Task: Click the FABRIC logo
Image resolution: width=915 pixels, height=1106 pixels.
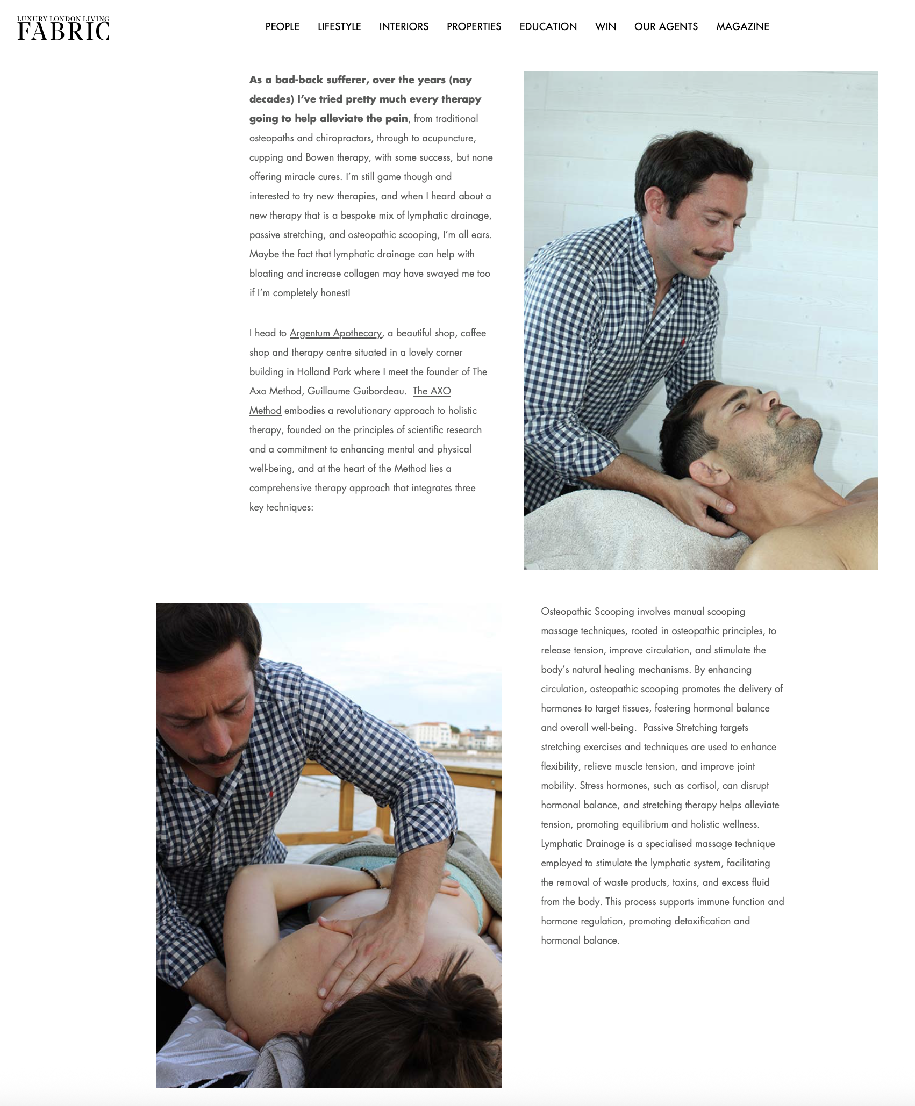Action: coord(63,28)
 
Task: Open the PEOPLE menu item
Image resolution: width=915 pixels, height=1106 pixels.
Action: coord(282,26)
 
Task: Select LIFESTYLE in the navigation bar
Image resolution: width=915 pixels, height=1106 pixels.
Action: coord(339,26)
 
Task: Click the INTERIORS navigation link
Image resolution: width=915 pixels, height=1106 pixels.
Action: coord(404,26)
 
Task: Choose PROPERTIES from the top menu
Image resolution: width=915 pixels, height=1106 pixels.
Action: coord(474,26)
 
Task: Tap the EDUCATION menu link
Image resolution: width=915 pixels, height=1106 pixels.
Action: coord(548,26)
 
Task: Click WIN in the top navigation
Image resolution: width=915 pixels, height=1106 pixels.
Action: coord(605,26)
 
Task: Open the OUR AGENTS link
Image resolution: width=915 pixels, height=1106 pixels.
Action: coord(666,26)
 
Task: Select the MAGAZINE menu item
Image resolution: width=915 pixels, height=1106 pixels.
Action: coord(742,26)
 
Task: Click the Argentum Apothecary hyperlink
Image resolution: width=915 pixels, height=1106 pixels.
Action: coord(335,333)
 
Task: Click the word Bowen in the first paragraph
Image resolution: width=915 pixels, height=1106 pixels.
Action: coord(319,157)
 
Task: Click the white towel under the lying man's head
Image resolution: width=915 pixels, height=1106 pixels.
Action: coord(618,532)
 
